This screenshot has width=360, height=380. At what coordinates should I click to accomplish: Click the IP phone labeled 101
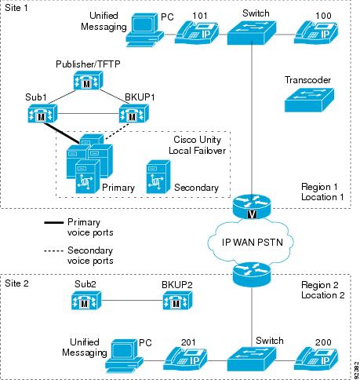tap(198, 34)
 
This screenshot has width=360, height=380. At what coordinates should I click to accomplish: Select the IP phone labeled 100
tap(316, 33)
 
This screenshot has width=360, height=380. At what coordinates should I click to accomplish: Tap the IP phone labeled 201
tap(186, 359)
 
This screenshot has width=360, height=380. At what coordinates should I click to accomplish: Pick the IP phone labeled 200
tap(316, 359)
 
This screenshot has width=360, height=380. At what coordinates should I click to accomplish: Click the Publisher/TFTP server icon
tap(88, 81)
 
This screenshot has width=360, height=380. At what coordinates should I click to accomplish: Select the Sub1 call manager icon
tap(42, 114)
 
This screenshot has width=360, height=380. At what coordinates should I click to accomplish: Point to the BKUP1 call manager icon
tap(134, 114)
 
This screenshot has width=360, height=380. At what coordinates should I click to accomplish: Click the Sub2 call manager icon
tap(86, 301)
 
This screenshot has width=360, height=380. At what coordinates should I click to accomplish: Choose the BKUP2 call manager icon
tap(178, 301)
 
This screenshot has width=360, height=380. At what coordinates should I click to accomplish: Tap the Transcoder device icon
tap(309, 100)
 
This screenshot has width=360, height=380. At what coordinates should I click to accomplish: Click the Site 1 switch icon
tap(252, 33)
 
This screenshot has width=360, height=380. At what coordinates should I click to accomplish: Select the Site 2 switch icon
tap(252, 359)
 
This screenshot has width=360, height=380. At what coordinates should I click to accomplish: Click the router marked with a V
tap(252, 206)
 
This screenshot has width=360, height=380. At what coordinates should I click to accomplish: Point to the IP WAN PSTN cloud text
tap(253, 243)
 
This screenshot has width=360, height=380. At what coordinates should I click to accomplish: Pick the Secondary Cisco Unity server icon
tap(158, 177)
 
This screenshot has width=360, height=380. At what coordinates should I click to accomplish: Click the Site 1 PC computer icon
tap(145, 30)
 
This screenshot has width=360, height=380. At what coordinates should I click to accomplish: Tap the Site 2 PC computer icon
tap(125, 356)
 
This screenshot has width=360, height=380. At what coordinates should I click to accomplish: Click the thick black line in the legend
tap(54, 223)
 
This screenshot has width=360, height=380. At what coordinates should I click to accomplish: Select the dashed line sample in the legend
tap(54, 251)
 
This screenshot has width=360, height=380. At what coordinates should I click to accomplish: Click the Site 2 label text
tap(16, 283)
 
